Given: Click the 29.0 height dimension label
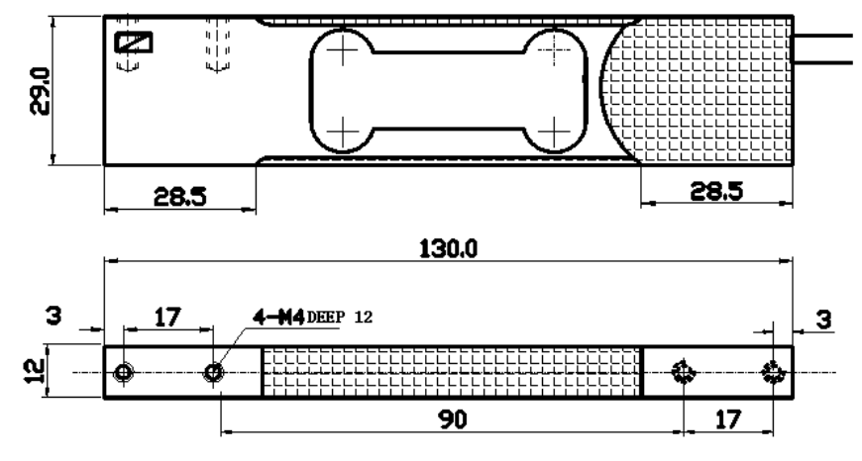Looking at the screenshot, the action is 41,91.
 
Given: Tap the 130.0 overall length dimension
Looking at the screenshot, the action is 449,249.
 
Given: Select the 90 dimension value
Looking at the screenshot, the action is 453,419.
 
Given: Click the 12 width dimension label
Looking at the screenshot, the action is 36,371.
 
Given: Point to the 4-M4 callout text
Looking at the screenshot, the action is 278,318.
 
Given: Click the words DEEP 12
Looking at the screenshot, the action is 339,318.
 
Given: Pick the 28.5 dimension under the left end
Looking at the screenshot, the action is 179,196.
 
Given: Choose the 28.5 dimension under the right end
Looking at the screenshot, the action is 716,191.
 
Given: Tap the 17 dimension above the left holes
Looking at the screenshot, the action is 167,318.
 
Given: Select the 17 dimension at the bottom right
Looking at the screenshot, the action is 729,419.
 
